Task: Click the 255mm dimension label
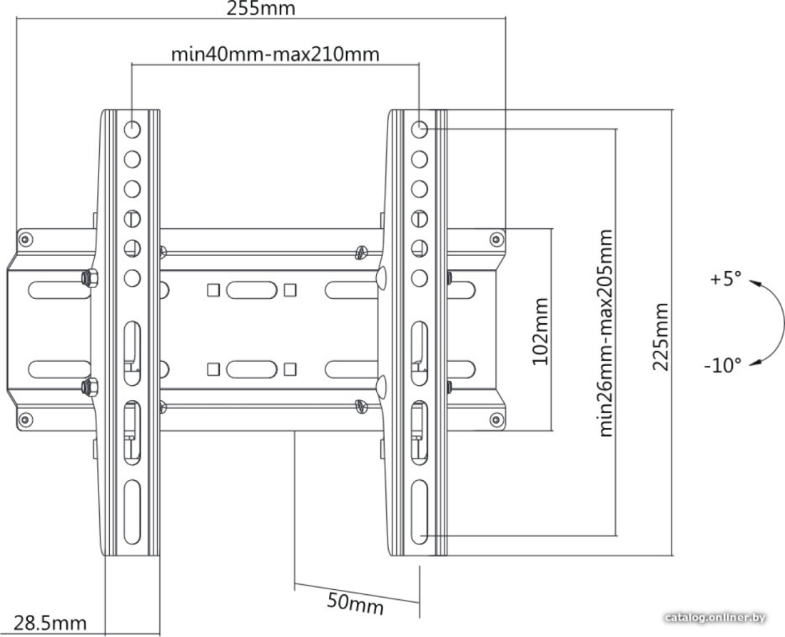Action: pos(260,8)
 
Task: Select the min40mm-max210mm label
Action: pos(275,53)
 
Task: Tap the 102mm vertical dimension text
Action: pos(540,331)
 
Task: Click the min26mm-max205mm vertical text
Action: pos(605,332)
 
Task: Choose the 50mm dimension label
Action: pos(355,603)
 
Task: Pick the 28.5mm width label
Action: pos(49,623)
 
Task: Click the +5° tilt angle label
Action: pos(725,279)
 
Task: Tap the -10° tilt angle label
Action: pos(722,365)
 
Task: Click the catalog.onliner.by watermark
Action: pos(715,618)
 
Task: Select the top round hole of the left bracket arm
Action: pos(132,130)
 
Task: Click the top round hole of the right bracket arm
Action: pos(420,130)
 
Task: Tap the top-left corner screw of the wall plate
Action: pos(26,239)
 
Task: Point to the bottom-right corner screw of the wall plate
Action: pos(496,419)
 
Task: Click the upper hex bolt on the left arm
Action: pos(90,278)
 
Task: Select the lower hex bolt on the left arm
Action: pos(90,387)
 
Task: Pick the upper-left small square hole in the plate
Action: pos(213,290)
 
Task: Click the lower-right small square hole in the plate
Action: pos(289,370)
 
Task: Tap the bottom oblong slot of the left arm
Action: pos(133,512)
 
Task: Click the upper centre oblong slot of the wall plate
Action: pos(251,290)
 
